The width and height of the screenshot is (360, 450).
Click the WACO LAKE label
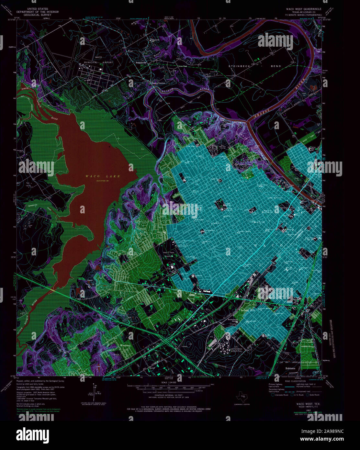tap(103, 176)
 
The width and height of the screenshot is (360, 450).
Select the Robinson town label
tap(290, 368)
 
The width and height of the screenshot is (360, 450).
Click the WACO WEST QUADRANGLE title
tap(302, 9)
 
